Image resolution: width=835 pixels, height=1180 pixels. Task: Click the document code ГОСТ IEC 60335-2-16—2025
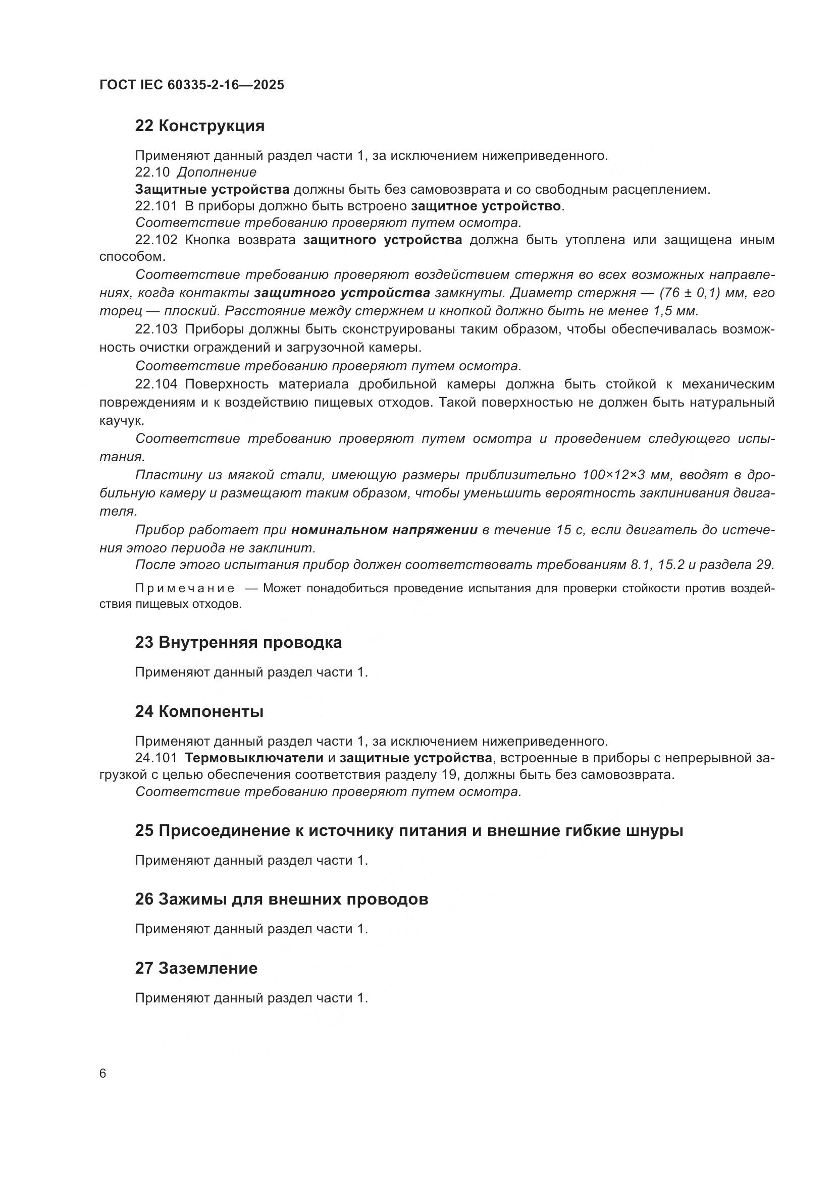[x=191, y=85]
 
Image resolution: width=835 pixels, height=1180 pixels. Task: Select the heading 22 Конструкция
[x=199, y=126]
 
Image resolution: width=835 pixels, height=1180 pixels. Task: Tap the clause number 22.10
[x=152, y=172]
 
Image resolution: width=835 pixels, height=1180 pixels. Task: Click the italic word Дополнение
[x=217, y=172]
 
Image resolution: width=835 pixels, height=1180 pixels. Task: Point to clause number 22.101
[x=156, y=207]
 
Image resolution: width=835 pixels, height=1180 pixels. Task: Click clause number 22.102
[x=156, y=240]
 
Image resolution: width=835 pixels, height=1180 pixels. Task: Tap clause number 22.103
[x=156, y=329]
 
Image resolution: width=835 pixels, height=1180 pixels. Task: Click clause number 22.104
[x=156, y=384]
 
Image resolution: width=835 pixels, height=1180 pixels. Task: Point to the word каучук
[x=121, y=421]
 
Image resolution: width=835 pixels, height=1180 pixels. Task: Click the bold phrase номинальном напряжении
[x=385, y=530]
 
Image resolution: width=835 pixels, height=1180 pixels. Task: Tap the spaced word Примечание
[x=185, y=588]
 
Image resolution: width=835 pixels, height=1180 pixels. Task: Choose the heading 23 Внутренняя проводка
[x=238, y=642]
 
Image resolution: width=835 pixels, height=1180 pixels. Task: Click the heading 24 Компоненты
[x=199, y=711]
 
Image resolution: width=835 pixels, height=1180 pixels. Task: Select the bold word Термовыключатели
[x=254, y=758]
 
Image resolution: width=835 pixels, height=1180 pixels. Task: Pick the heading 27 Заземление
[x=196, y=968]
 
